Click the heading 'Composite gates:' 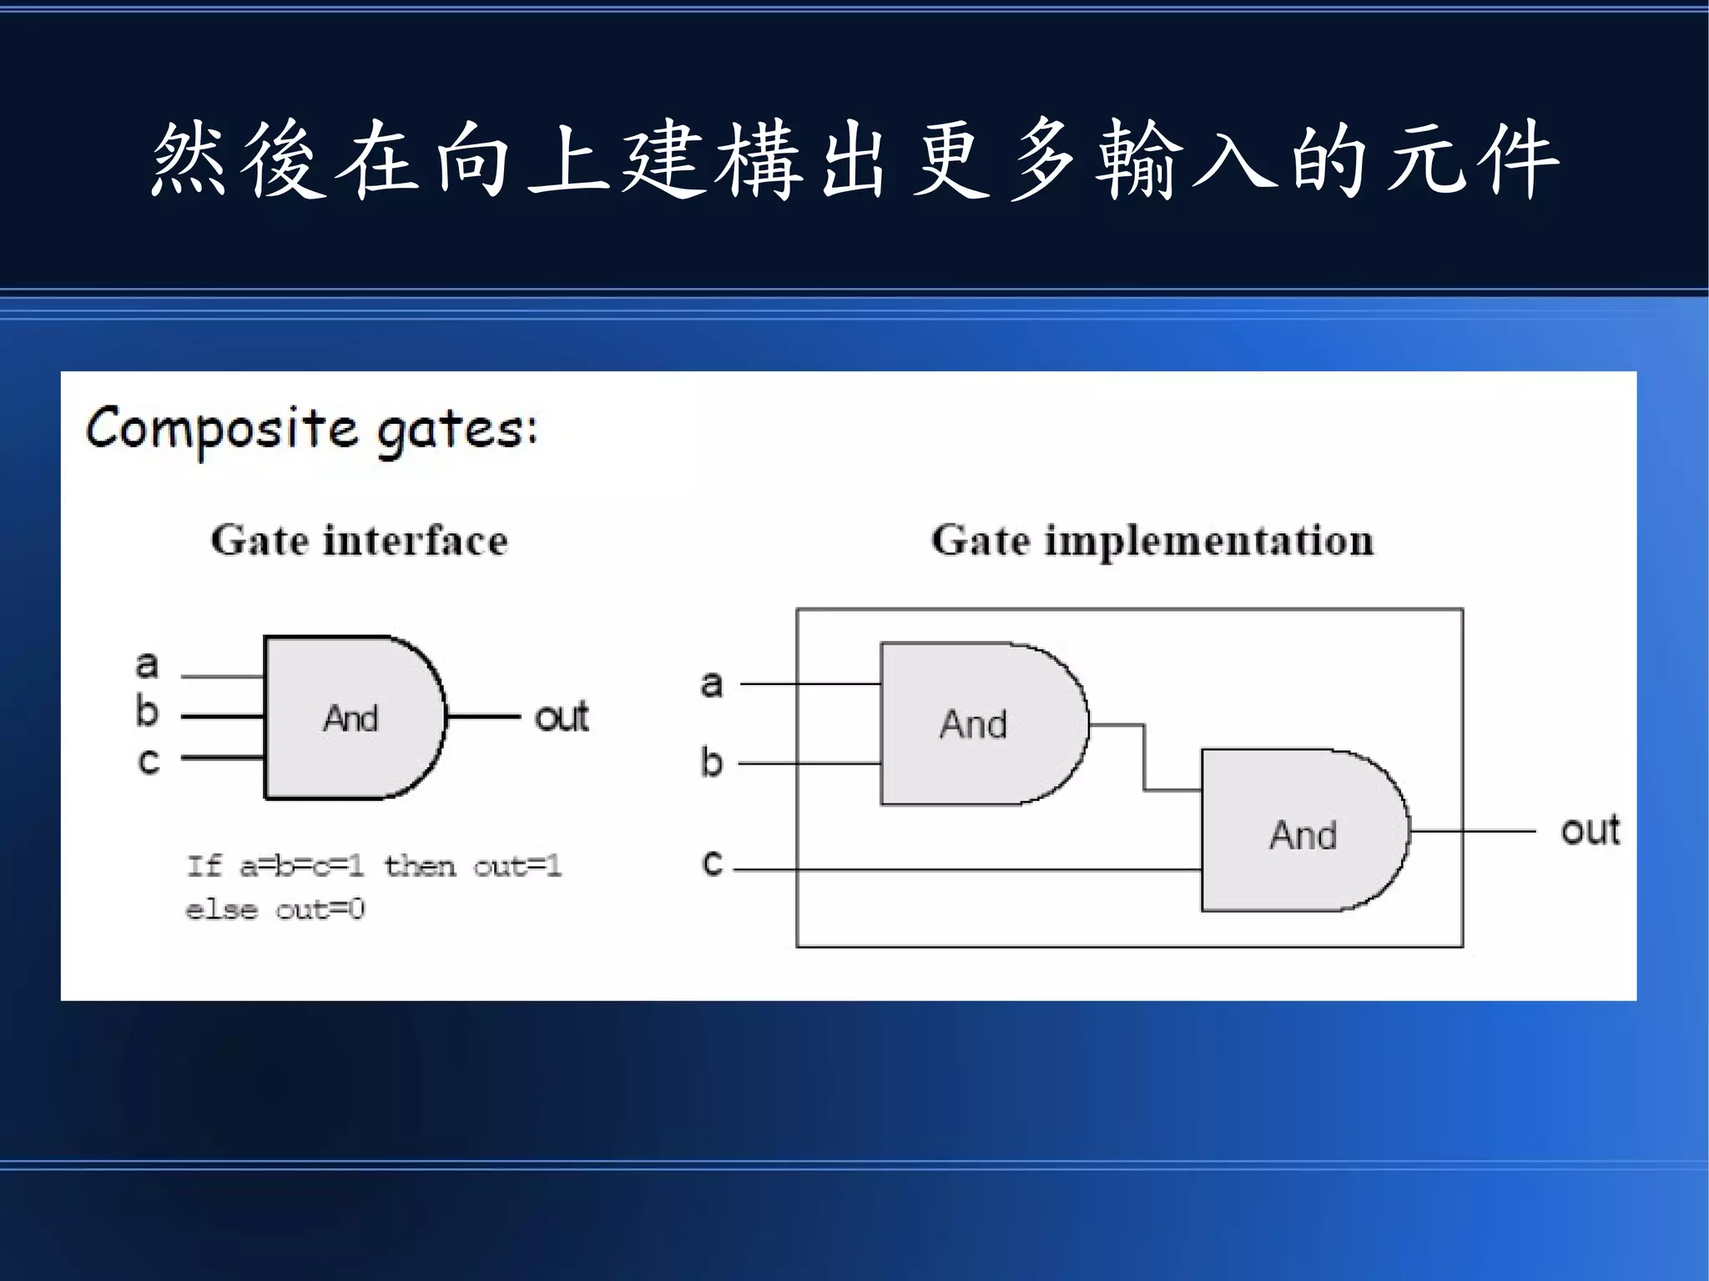click(311, 430)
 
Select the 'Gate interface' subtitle click(359, 540)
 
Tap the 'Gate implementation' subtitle click(1152, 540)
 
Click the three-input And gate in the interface click(350, 718)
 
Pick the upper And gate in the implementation click(976, 724)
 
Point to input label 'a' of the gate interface click(147, 665)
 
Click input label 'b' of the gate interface click(147, 712)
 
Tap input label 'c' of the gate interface click(148, 760)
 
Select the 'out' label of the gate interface click(562, 717)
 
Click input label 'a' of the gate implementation click(711, 683)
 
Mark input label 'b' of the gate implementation click(711, 762)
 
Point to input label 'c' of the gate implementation click(712, 861)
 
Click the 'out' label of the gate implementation click(1590, 830)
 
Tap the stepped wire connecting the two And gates click(1144, 757)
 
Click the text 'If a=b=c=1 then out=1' click(374, 866)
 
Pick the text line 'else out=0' click(275, 909)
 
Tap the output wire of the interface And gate click(484, 716)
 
